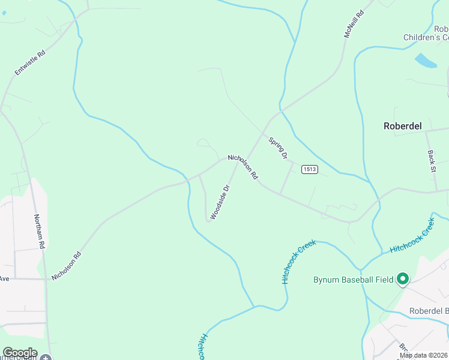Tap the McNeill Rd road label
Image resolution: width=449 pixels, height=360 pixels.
(354, 24)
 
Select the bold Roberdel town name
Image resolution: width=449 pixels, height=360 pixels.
(402, 126)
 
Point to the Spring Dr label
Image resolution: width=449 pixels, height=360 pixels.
(278, 148)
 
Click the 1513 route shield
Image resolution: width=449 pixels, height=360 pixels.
(309, 169)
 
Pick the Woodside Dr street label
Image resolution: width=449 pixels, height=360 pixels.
(220, 202)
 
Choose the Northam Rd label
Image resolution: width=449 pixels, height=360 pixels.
(39, 232)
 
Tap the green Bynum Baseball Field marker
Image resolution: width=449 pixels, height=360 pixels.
(403, 278)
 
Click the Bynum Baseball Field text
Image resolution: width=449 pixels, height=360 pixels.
(353, 280)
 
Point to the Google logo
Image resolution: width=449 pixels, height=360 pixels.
(19, 353)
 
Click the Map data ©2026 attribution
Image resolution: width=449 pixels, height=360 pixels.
(423, 355)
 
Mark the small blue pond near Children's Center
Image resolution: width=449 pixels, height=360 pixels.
(426, 61)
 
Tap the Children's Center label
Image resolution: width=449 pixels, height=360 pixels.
(426, 37)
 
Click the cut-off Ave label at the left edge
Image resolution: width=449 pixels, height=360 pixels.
(5, 278)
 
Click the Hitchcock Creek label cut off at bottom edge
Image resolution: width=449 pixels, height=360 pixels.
(202, 347)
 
